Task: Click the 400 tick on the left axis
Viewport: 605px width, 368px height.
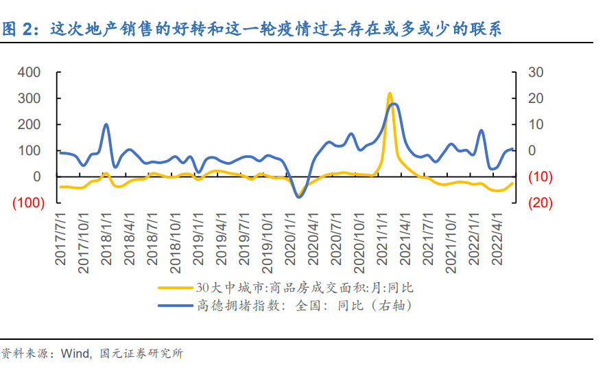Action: tap(29, 72)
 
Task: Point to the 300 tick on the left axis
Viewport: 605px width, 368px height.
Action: tap(29, 98)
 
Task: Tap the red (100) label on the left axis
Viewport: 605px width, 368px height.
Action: tap(27, 203)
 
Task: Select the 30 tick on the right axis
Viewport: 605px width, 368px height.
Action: tap(535, 72)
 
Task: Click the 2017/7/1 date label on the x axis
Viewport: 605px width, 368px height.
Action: tap(62, 244)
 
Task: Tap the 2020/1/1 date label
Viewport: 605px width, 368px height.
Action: tap(291, 244)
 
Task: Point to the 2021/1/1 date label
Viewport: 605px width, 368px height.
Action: tap(382, 244)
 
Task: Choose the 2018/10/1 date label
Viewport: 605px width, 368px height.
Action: tap(176, 244)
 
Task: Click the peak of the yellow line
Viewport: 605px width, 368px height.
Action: tap(390, 93)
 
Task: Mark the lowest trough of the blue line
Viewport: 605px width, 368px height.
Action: tap(298, 197)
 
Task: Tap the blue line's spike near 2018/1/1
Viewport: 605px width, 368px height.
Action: tap(106, 124)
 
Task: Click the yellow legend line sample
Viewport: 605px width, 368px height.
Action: tap(176, 288)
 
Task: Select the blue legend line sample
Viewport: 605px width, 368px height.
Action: tap(176, 306)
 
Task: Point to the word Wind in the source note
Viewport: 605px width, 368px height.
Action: tap(75, 354)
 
